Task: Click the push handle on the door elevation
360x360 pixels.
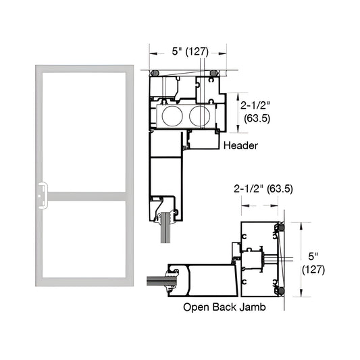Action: click(x=41, y=192)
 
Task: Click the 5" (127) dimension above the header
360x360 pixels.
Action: click(x=188, y=51)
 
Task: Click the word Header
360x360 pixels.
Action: click(x=240, y=145)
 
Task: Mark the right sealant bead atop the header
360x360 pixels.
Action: click(x=215, y=72)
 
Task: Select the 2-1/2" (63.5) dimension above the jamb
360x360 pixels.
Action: click(x=263, y=189)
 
